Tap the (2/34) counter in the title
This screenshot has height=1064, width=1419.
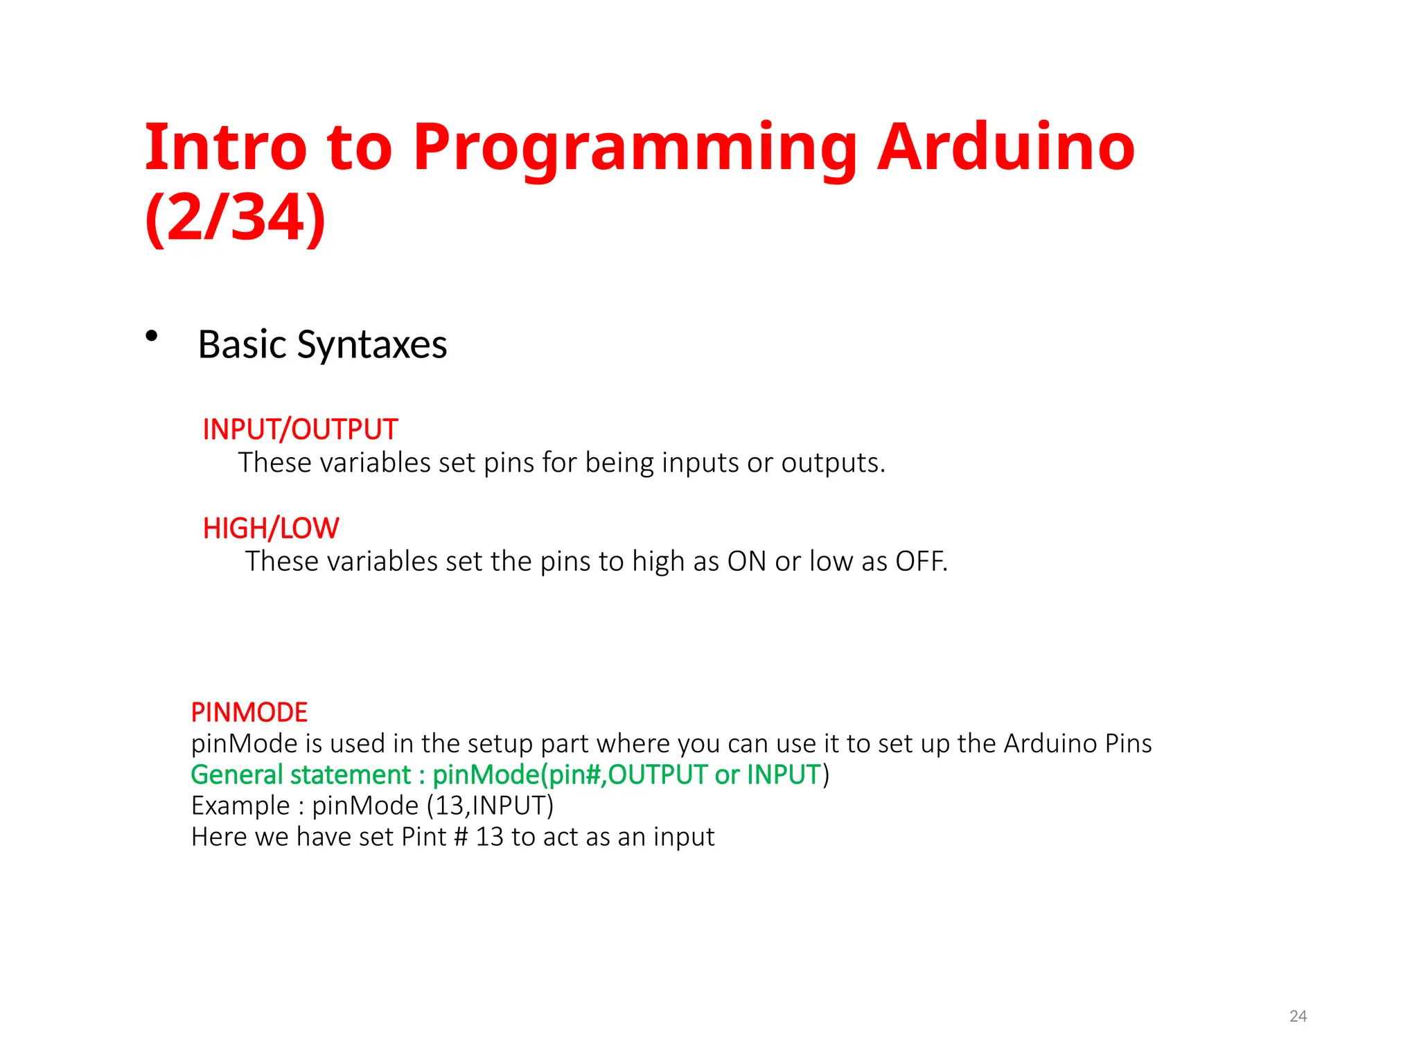point(236,218)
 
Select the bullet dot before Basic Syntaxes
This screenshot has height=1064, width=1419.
point(152,337)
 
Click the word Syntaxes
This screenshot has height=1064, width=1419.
point(372,344)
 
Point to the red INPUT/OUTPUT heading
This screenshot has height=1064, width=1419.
point(300,429)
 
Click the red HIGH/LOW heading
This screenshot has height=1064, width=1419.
point(271,529)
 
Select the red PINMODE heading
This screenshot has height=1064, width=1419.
point(249,712)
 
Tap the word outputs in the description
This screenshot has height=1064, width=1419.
point(833,463)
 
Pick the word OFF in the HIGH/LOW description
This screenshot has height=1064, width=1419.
point(920,561)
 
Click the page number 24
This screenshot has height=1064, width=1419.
point(1298,1016)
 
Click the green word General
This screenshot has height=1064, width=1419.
point(233,774)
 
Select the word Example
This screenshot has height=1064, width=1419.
point(240,806)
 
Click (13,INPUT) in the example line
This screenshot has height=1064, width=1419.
point(490,806)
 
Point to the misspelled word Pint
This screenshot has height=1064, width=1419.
point(424,837)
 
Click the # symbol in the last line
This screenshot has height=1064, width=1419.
point(461,837)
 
